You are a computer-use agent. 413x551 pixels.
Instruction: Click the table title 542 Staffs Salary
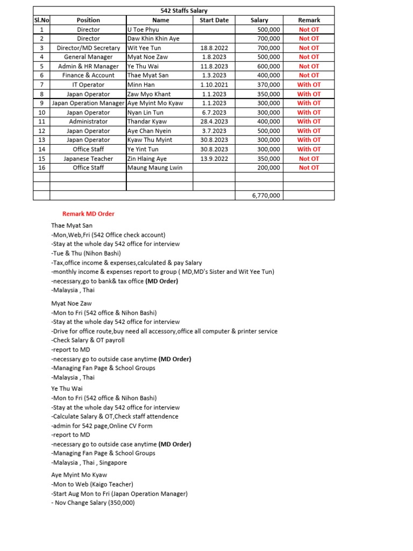(x=184, y=11)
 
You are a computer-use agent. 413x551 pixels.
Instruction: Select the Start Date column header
(x=214, y=20)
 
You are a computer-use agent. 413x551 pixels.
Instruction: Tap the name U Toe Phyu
(x=143, y=30)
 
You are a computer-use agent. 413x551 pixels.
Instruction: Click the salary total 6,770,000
(x=266, y=196)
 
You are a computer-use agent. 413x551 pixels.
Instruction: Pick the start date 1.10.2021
(x=214, y=84)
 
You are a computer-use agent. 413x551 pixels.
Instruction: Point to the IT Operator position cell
(x=88, y=84)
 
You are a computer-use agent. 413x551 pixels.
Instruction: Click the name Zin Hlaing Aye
(x=147, y=159)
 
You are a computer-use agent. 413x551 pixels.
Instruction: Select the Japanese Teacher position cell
(x=88, y=159)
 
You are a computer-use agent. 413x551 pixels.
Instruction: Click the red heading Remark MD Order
(x=88, y=214)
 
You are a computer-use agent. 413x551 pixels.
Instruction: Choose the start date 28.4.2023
(x=214, y=122)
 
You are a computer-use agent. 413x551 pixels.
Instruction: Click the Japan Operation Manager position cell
(x=88, y=103)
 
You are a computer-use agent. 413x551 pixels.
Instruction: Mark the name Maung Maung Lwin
(x=155, y=168)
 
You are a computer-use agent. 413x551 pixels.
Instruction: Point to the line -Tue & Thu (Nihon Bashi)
(x=86, y=253)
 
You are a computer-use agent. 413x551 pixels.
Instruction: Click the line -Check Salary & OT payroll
(x=88, y=340)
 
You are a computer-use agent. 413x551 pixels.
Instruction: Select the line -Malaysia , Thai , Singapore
(x=89, y=463)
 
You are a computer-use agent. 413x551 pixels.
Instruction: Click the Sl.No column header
(x=41, y=20)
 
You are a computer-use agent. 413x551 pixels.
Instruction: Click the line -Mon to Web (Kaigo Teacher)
(x=92, y=484)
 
